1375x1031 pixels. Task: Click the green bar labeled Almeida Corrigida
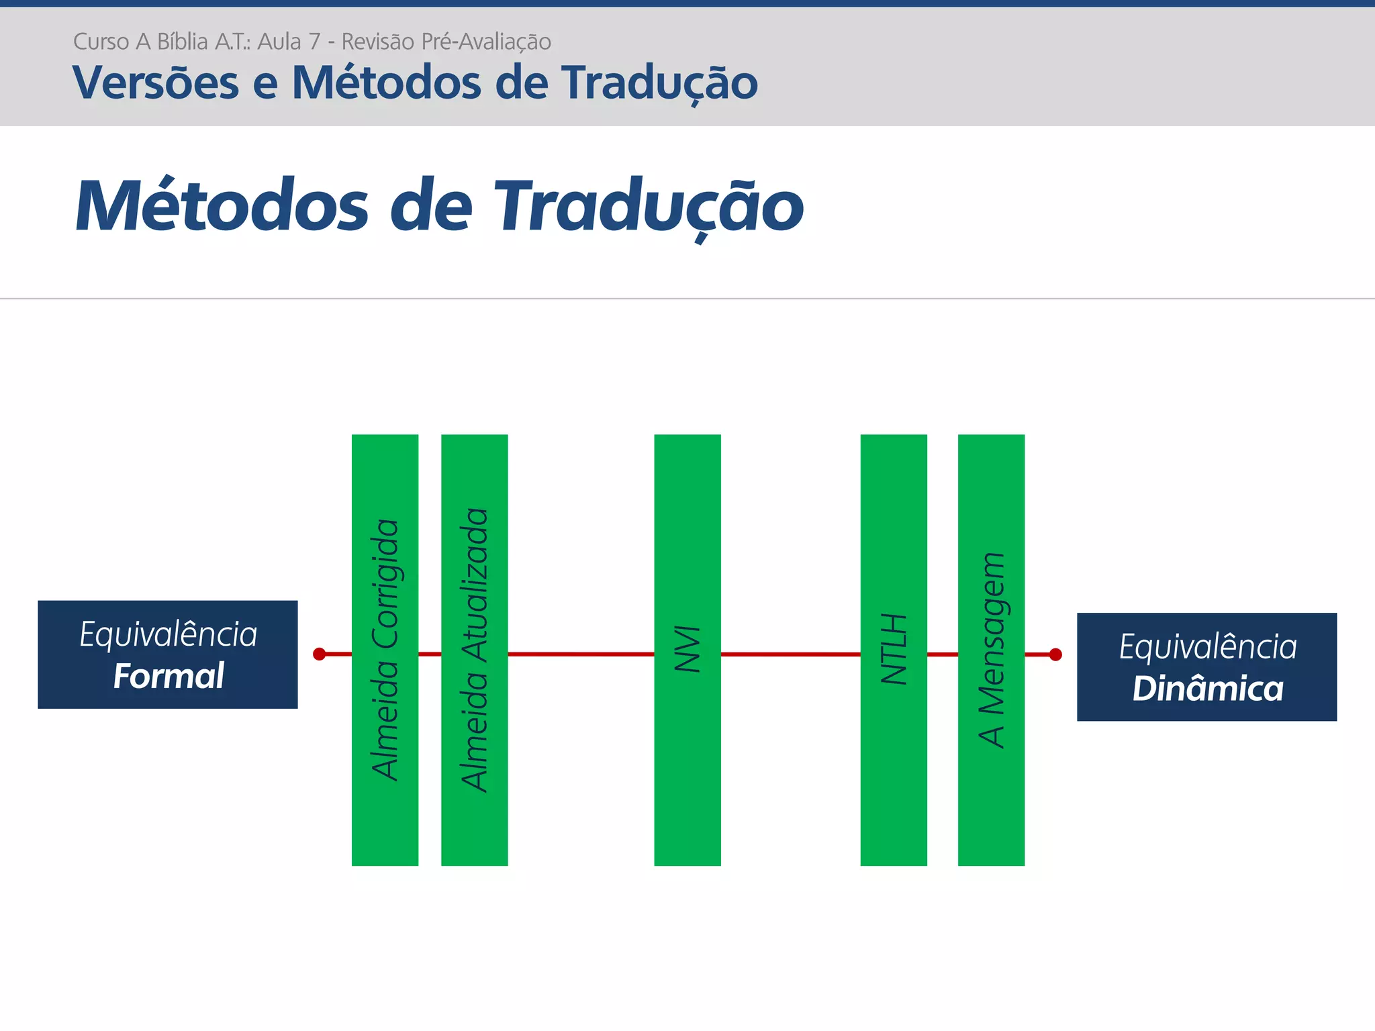(385, 650)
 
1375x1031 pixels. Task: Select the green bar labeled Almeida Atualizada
(474, 650)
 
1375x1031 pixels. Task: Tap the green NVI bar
(687, 650)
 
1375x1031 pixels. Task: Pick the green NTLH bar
(894, 650)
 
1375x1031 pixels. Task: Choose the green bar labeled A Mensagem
(991, 650)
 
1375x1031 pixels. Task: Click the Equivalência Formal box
(168, 654)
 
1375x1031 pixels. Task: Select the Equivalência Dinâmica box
(1206, 667)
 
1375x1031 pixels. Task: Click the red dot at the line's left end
(320, 654)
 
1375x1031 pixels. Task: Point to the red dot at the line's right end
(1055, 654)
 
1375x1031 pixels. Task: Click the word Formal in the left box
(169, 676)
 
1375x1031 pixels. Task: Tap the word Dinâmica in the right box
(1208, 689)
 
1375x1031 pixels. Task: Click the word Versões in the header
(156, 83)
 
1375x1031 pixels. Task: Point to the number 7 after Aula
(314, 42)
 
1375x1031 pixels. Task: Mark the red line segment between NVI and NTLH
(790, 654)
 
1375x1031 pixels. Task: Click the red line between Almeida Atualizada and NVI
(581, 654)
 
